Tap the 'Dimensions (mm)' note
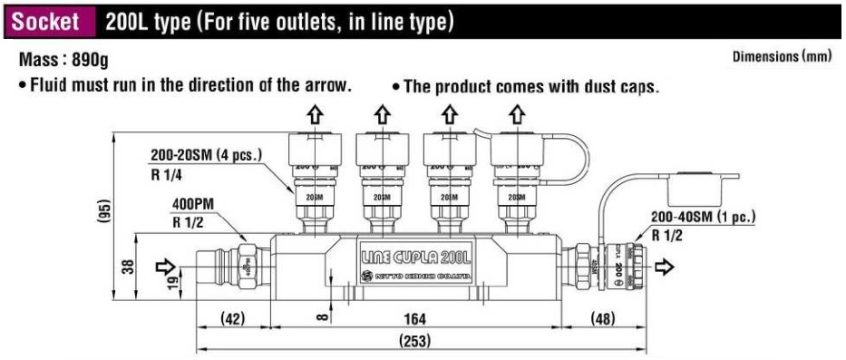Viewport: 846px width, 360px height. [782, 57]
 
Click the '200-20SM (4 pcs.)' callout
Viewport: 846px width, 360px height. [206, 157]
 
